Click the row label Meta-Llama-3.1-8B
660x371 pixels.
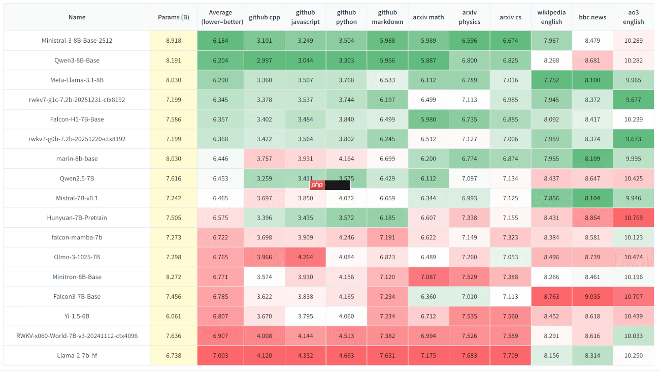coord(77,80)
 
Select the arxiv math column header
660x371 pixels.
coord(428,17)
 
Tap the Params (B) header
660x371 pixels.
coord(173,17)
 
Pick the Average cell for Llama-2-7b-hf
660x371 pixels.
coord(220,356)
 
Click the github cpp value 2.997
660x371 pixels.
coord(263,60)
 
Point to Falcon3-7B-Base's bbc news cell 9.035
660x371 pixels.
coord(592,297)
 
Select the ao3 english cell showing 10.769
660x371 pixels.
coord(633,218)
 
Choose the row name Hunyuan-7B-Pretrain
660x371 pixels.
coord(77,218)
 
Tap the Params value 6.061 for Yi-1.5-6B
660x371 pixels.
coord(173,316)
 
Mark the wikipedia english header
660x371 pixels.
coord(551,17)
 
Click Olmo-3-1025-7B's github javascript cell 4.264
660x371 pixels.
coord(305,257)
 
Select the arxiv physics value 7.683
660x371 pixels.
coord(469,356)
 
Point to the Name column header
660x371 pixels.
coord(77,17)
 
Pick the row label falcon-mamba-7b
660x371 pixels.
coord(77,237)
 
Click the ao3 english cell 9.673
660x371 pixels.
coord(633,139)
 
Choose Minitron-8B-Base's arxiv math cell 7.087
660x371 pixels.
coord(428,277)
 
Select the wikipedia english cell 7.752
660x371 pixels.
coord(551,80)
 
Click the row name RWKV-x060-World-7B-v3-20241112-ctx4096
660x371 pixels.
coord(77,336)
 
